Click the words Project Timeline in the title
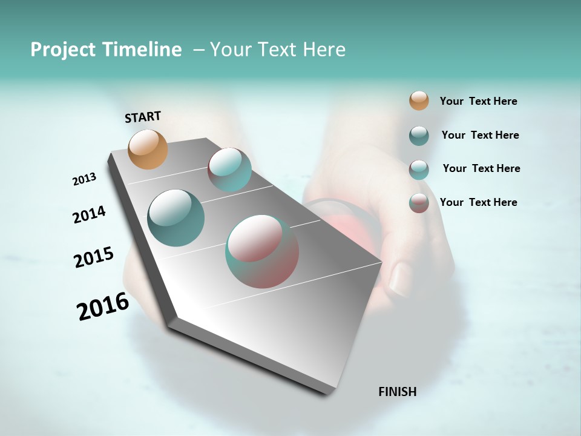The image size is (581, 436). click(106, 50)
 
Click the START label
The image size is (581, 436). click(143, 117)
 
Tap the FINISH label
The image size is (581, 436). click(397, 392)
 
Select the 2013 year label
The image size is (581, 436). click(84, 179)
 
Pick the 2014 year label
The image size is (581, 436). click(89, 215)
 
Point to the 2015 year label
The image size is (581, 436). click(94, 257)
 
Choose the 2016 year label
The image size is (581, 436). click(103, 306)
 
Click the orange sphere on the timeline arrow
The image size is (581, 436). click(148, 149)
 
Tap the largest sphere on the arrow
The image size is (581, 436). click(262, 251)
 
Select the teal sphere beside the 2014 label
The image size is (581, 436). click(176, 218)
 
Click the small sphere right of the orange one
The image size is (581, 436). click(229, 170)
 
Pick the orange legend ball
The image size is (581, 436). click(419, 101)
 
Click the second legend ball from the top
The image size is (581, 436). click(419, 136)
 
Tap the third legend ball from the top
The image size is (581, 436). click(419, 170)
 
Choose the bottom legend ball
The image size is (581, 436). click(419, 203)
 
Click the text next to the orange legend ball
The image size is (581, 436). click(478, 101)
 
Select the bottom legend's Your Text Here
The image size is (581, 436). click(478, 202)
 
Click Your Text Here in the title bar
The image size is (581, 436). click(278, 50)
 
